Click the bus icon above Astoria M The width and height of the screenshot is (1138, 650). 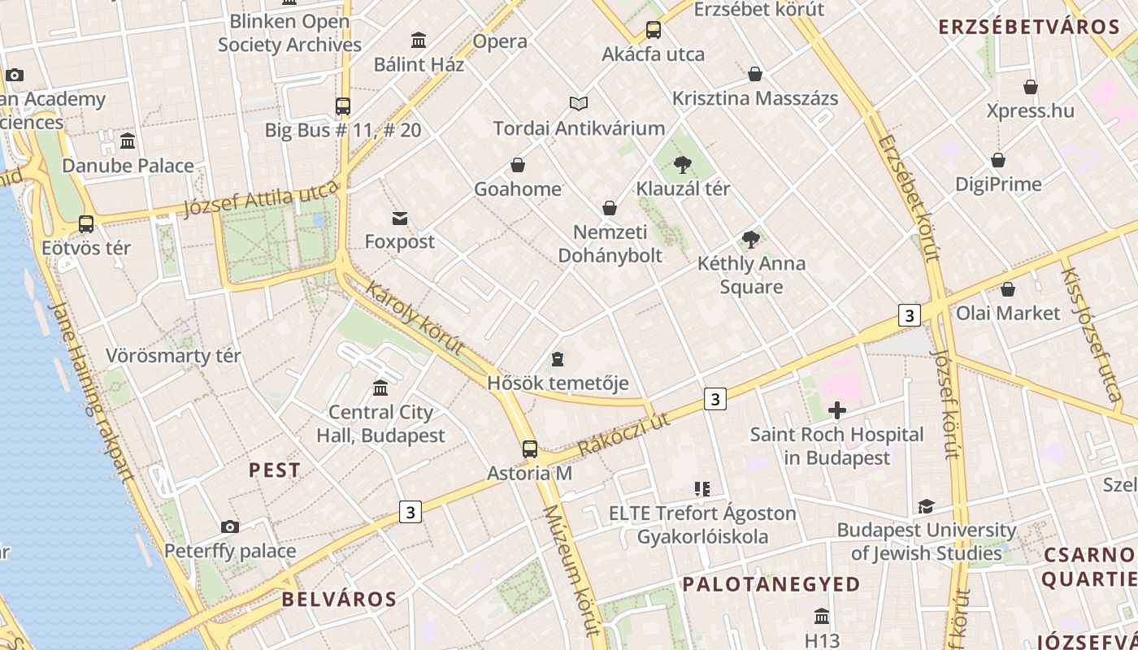coord(530,448)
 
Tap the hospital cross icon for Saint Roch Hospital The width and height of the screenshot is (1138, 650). coord(836,410)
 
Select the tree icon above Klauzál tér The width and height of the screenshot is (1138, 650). coord(683,165)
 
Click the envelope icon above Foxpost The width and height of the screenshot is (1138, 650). coord(400,218)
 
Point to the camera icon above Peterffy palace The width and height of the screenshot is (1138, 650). coord(230,526)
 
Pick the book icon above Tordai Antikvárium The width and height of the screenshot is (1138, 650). coord(579,104)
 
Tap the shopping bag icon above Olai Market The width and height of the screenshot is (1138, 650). coord(1008,289)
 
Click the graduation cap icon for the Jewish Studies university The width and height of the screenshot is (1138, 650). coord(926,507)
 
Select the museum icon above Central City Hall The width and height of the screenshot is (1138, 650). coord(380,388)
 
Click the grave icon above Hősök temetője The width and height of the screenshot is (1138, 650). coord(558,358)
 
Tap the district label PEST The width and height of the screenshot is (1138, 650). coord(274,470)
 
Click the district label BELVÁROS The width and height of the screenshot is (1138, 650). coord(339,600)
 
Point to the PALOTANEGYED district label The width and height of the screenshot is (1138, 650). coord(771,584)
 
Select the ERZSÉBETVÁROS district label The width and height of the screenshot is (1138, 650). coord(1029,27)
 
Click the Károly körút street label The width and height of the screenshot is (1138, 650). coord(415,318)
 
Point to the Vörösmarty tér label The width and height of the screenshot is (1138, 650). coord(173,356)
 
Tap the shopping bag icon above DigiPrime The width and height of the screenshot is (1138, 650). coord(998,161)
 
